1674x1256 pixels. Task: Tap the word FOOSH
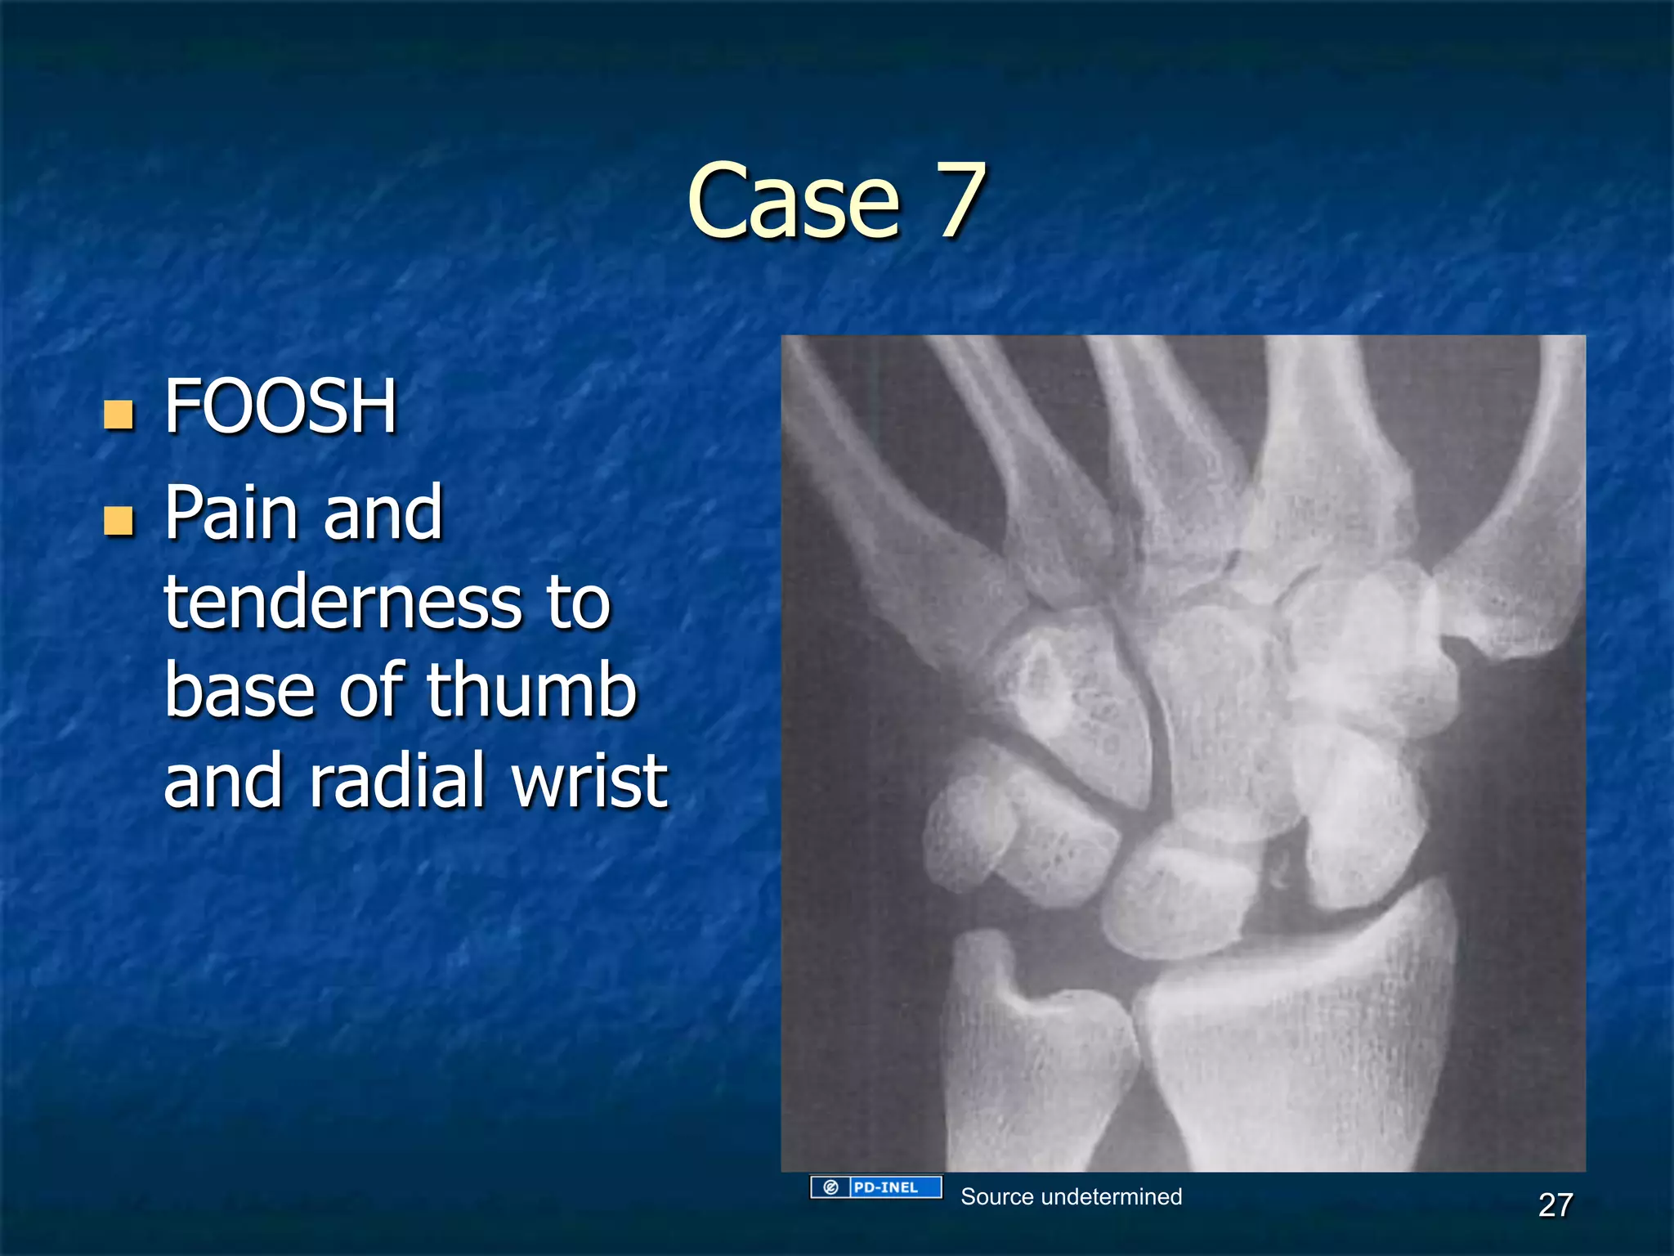pyautogui.click(x=280, y=406)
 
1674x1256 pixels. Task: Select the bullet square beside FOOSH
pyautogui.click(x=119, y=415)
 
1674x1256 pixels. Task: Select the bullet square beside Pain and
pyautogui.click(x=119, y=520)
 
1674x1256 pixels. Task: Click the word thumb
pyautogui.click(x=531, y=691)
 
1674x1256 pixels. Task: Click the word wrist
pyautogui.click(x=590, y=781)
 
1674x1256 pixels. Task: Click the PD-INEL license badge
pyautogui.click(x=876, y=1187)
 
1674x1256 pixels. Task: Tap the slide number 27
pyautogui.click(x=1555, y=1205)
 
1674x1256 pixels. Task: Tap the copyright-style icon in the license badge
pyautogui.click(x=830, y=1187)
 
